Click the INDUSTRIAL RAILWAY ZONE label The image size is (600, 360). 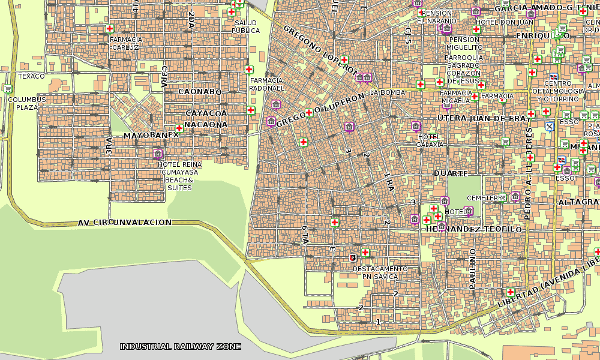coord(181,346)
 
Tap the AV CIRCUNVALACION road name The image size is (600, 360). coord(124,223)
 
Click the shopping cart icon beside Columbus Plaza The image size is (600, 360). coord(8,89)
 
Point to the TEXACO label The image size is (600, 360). coord(31,76)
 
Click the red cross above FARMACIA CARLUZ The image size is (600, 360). coord(110,28)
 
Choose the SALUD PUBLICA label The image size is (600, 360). coord(245,26)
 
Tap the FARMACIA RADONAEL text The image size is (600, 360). coord(266,84)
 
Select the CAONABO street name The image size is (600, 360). coord(200,92)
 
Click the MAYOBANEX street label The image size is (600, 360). coord(151,136)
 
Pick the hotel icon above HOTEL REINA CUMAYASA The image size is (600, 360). coord(158,153)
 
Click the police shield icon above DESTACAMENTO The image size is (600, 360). coord(353,258)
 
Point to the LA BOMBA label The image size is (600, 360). coord(388,92)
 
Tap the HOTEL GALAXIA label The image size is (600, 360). coord(430,140)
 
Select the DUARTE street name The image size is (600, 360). coord(451,173)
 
